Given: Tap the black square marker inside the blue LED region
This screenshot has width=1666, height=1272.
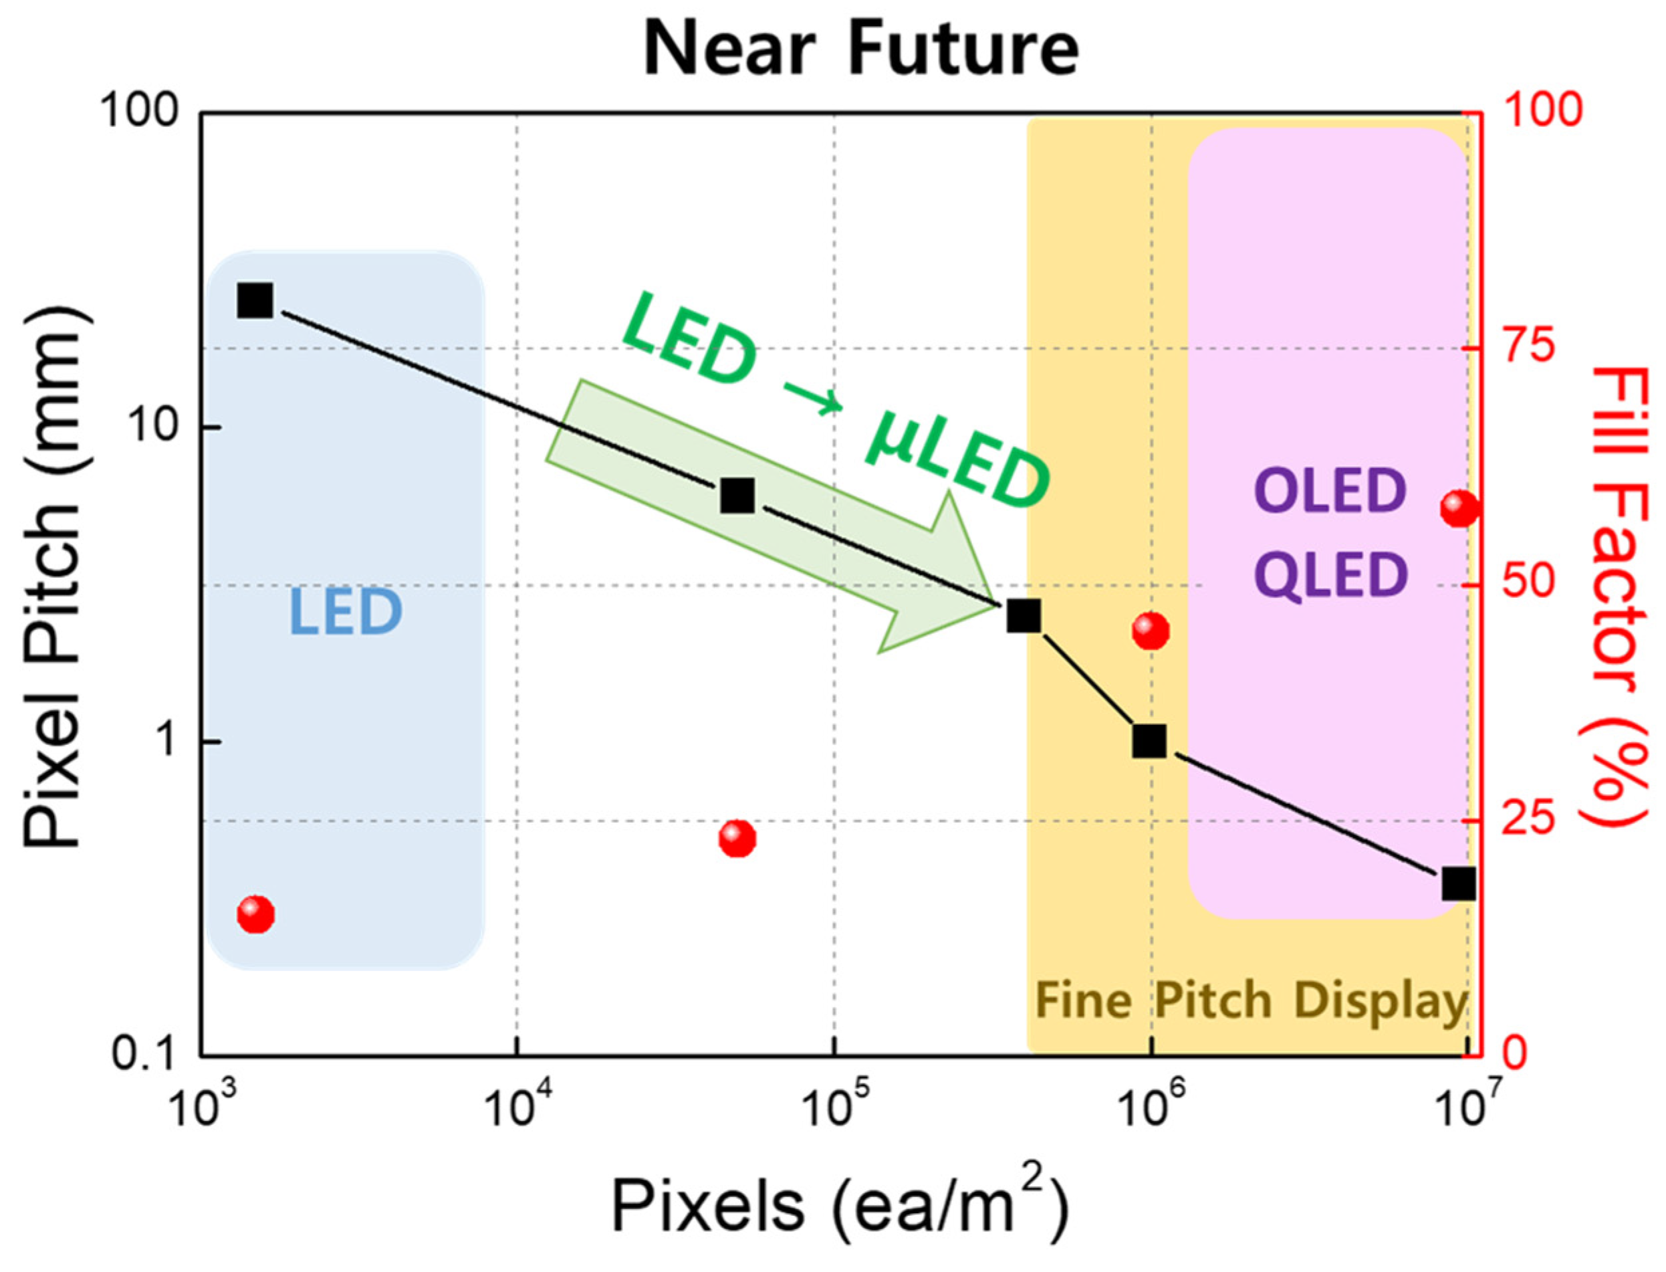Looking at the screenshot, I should tap(255, 300).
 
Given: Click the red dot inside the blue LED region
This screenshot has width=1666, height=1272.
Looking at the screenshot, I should tap(255, 915).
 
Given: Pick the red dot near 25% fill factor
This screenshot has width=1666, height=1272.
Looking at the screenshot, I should tap(737, 838).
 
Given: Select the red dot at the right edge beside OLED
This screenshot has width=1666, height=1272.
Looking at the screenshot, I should tap(1459, 508).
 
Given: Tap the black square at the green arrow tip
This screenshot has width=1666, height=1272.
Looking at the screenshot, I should tap(1024, 617).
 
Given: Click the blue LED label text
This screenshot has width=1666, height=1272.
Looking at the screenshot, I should tap(345, 612).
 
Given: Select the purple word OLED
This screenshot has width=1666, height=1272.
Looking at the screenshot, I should tap(1330, 492).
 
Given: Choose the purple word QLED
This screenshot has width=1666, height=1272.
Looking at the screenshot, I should tap(1330, 574).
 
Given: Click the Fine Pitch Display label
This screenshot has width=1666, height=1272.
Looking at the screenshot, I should tap(1250, 1002).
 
